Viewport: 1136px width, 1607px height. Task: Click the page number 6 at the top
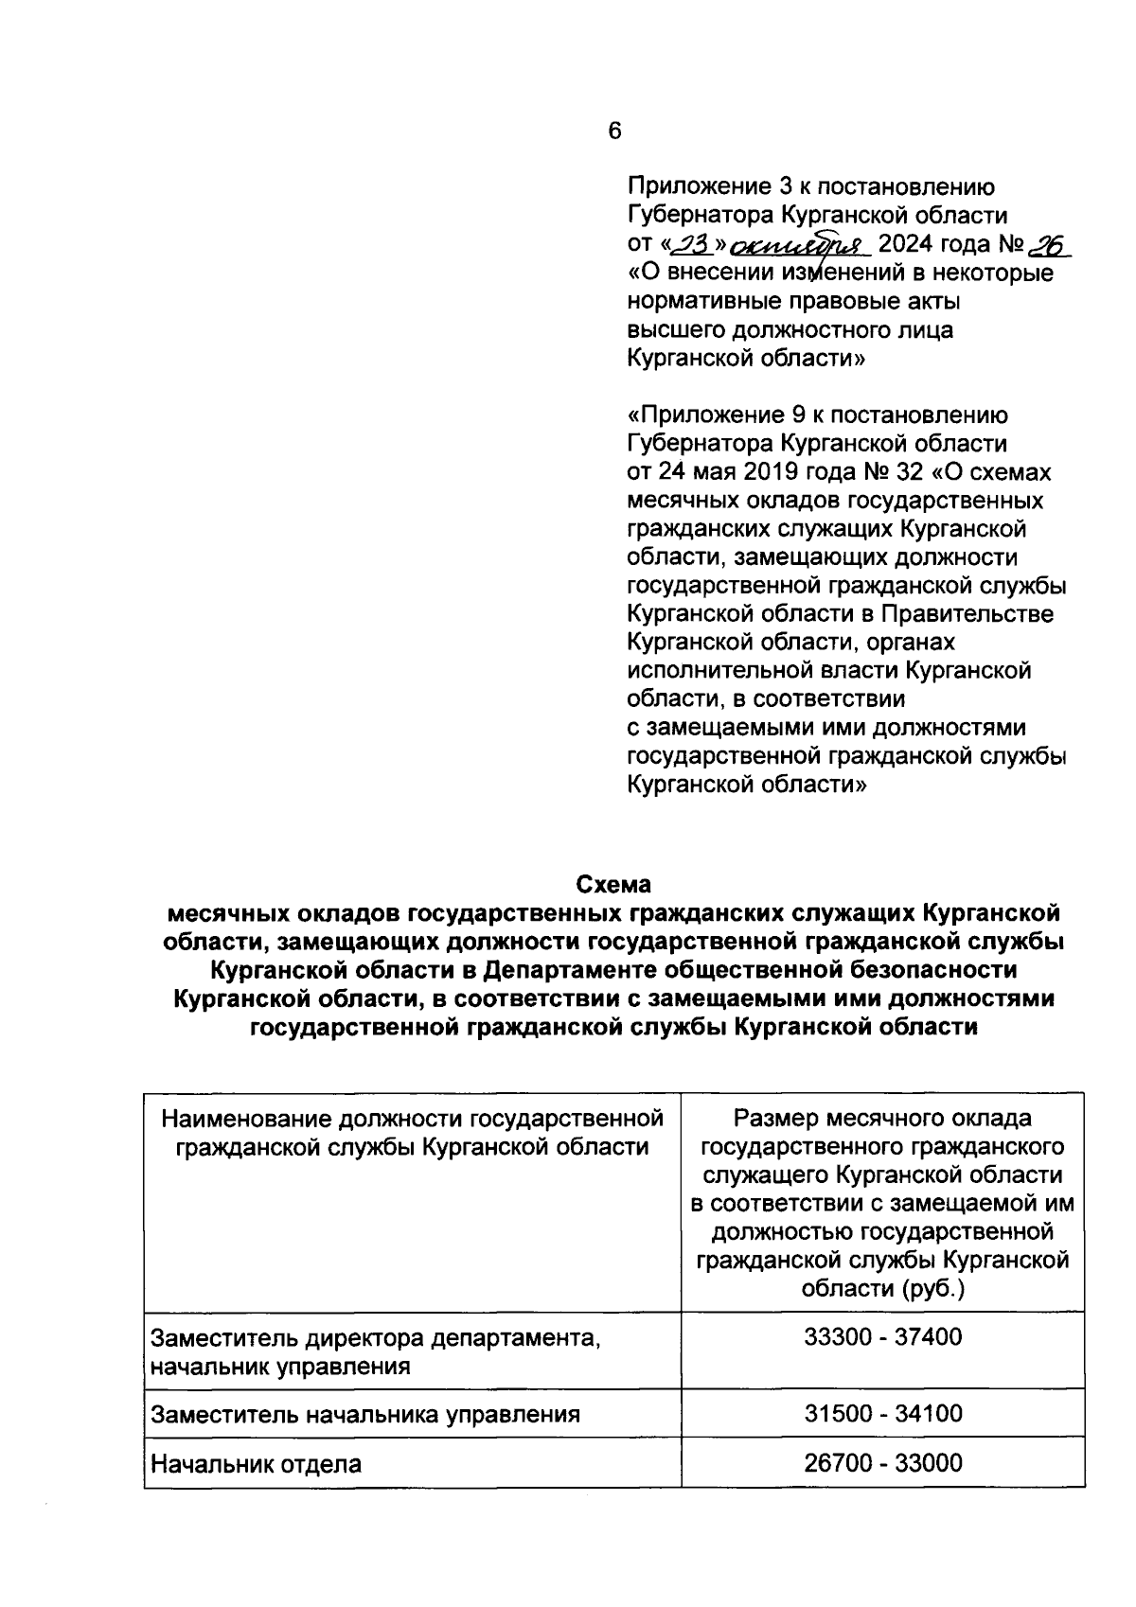click(x=614, y=132)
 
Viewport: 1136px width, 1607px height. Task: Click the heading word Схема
click(x=614, y=885)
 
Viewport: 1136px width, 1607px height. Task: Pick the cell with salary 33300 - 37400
click(x=882, y=1337)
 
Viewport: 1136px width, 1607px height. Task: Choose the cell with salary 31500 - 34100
click(x=882, y=1414)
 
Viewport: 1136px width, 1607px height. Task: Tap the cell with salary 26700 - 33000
click(x=882, y=1463)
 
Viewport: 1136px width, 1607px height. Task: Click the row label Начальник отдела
click(x=257, y=1464)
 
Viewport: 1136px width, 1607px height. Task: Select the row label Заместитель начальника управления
click(x=365, y=1415)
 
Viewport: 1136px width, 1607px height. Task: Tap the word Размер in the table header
click(x=777, y=1119)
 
